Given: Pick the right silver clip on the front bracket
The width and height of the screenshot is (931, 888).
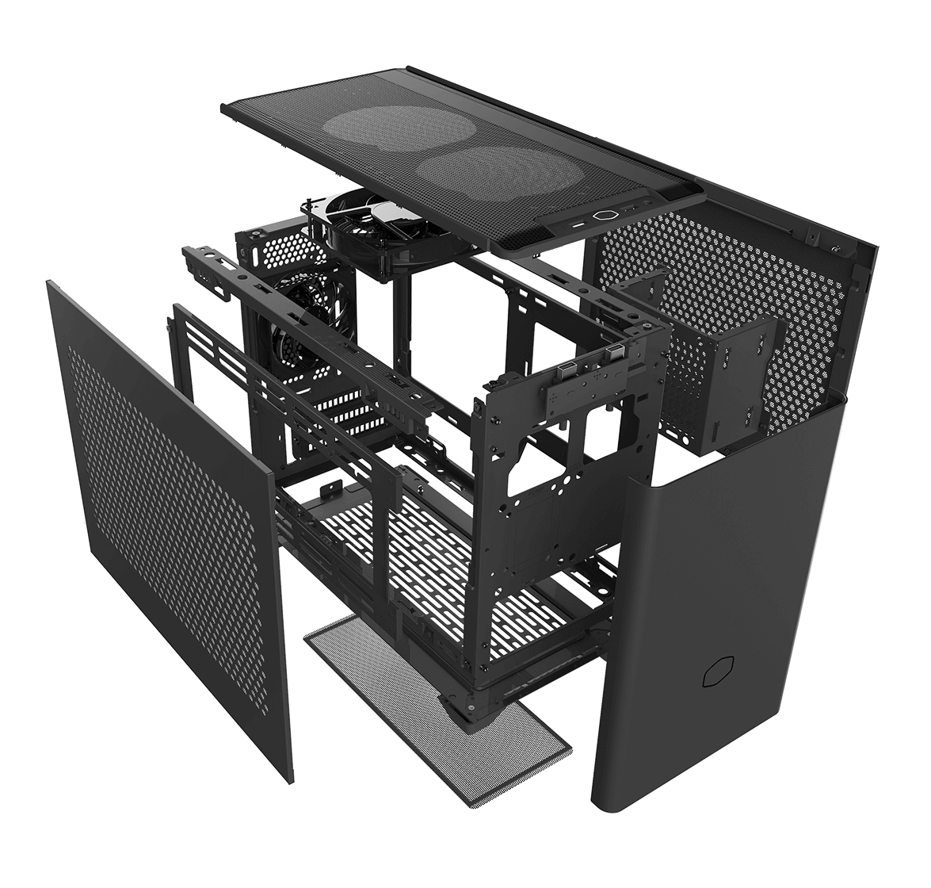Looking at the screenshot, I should [x=614, y=355].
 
